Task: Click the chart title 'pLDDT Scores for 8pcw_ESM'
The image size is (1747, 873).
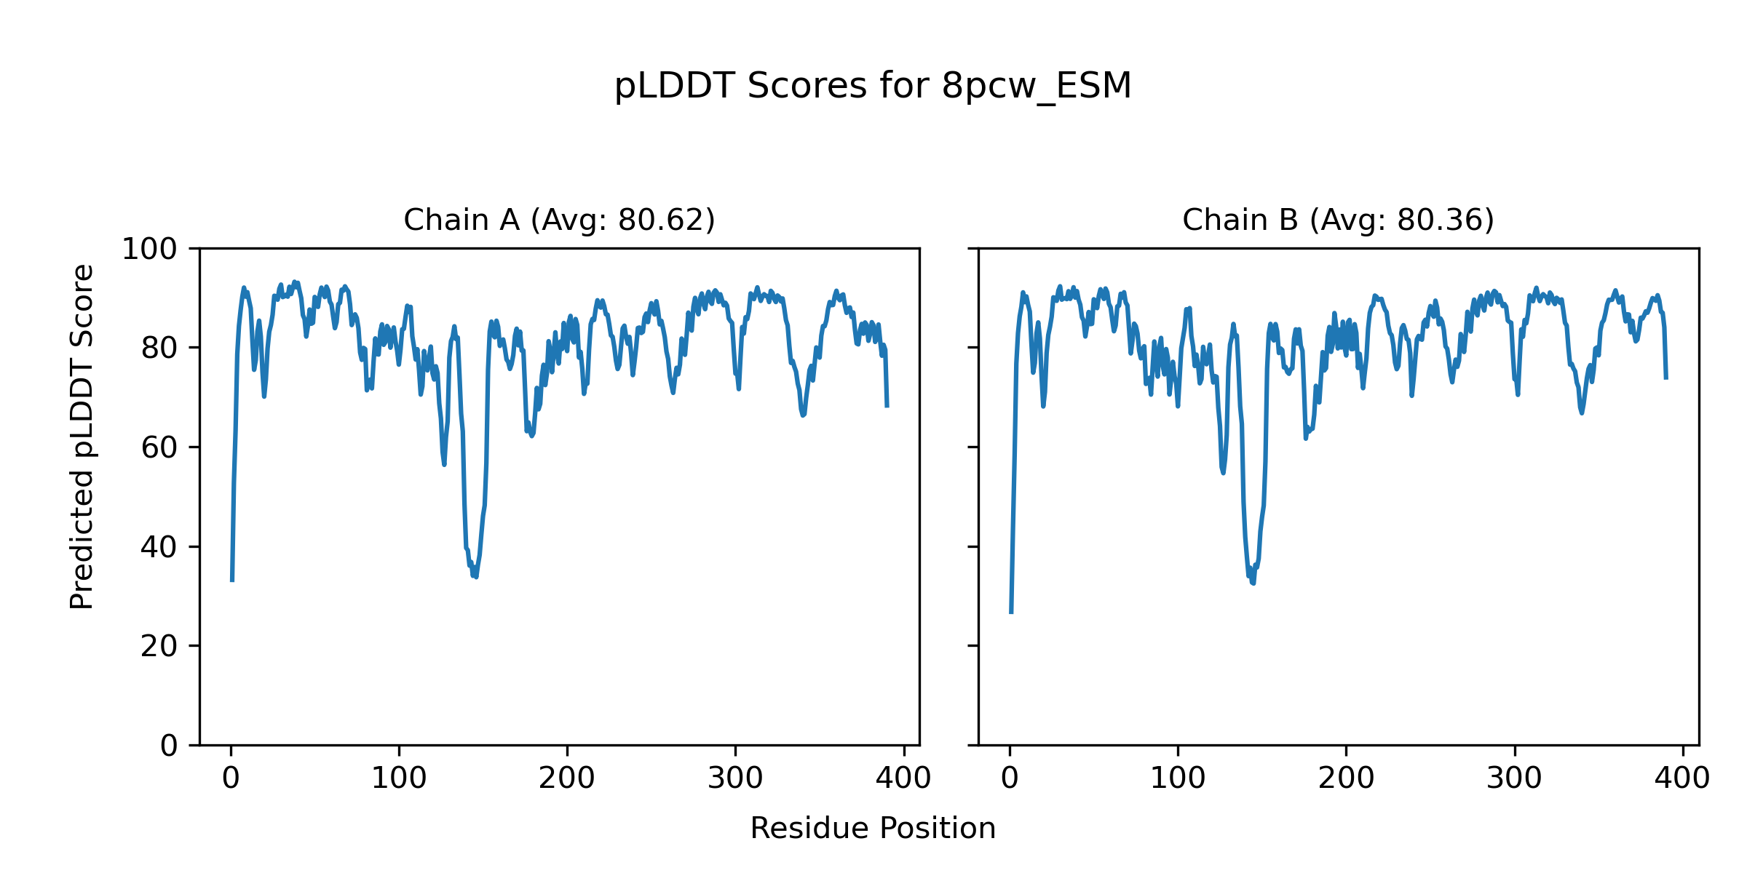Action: click(873, 86)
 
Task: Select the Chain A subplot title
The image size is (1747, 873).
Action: click(559, 220)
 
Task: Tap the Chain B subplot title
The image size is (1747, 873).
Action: click(1338, 220)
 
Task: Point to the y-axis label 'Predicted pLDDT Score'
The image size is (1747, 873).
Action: click(82, 436)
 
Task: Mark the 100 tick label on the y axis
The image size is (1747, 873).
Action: click(149, 249)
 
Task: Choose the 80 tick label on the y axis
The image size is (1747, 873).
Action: click(159, 348)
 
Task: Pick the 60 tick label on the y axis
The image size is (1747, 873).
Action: click(159, 447)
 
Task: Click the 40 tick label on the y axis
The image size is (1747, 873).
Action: click(159, 547)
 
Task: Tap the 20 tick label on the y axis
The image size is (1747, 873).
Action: click(159, 646)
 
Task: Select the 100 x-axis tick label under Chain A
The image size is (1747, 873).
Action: click(399, 778)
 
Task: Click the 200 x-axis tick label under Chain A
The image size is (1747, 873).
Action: click(567, 778)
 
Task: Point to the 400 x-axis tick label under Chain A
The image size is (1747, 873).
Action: click(903, 778)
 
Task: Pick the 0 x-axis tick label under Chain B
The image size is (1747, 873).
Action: click(1010, 778)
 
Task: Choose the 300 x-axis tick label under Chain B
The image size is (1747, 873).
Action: click(1514, 778)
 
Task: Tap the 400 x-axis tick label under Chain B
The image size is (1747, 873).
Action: click(1682, 778)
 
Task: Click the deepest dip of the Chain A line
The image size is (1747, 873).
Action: click(476, 577)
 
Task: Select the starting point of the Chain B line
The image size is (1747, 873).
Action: click(1011, 613)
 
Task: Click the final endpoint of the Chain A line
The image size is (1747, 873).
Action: click(887, 406)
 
